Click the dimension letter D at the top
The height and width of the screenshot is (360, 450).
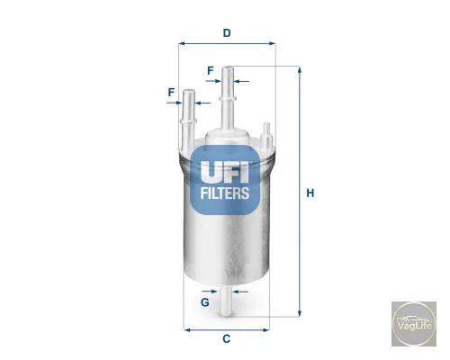(x=227, y=32)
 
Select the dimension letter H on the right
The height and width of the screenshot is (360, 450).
(x=310, y=193)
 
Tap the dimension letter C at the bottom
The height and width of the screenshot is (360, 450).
(x=227, y=338)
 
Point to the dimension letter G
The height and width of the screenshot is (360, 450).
(x=205, y=302)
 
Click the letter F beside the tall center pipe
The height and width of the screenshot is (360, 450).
(x=211, y=71)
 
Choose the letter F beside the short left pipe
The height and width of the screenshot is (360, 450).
(x=171, y=92)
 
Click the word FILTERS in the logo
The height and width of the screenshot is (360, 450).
(x=225, y=193)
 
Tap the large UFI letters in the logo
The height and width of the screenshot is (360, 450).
(x=225, y=172)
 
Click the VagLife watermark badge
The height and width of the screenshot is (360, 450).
(x=414, y=324)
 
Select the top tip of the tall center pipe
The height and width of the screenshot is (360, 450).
(x=228, y=67)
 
